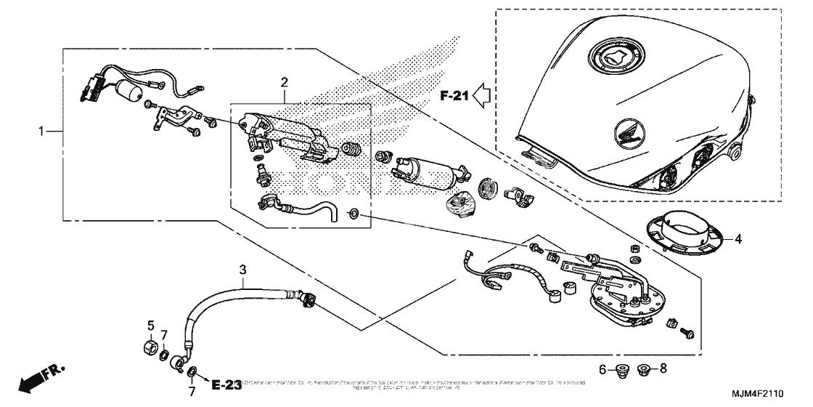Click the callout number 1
(x=41, y=132)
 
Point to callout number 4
(x=738, y=238)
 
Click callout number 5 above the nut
(x=151, y=325)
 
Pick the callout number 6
(x=602, y=369)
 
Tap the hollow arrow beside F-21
(x=482, y=94)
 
